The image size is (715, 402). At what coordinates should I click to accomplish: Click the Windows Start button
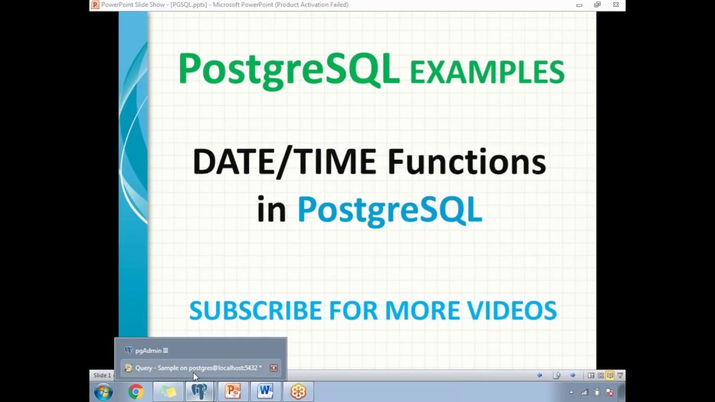pyautogui.click(x=103, y=392)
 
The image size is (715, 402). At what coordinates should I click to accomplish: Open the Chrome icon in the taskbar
pyautogui.click(x=136, y=392)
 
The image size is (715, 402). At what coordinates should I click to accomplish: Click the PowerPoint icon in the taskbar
pyautogui.click(x=232, y=392)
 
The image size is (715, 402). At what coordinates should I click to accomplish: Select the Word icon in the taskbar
pyautogui.click(x=265, y=392)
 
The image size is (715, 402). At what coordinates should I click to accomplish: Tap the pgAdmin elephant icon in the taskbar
pyautogui.click(x=199, y=392)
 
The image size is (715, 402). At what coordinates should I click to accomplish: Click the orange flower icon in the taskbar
pyautogui.click(x=298, y=392)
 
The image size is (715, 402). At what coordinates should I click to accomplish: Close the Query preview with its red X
pyautogui.click(x=274, y=368)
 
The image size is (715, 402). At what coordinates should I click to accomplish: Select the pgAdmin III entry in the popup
pyautogui.click(x=151, y=351)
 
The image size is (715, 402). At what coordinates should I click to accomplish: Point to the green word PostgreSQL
pyautogui.click(x=289, y=69)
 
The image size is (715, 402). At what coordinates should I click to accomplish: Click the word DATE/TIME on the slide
pyautogui.click(x=284, y=162)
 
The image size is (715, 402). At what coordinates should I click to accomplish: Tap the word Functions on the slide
pyautogui.click(x=466, y=162)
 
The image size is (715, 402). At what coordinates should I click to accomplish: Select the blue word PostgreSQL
pyautogui.click(x=389, y=210)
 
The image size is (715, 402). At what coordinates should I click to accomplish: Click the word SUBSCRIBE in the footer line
pyautogui.click(x=255, y=310)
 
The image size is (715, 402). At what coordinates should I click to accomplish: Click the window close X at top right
pyautogui.click(x=616, y=4)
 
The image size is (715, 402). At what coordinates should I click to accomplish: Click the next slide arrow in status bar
pyautogui.click(x=573, y=375)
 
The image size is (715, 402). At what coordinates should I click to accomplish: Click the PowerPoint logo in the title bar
pyautogui.click(x=95, y=4)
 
